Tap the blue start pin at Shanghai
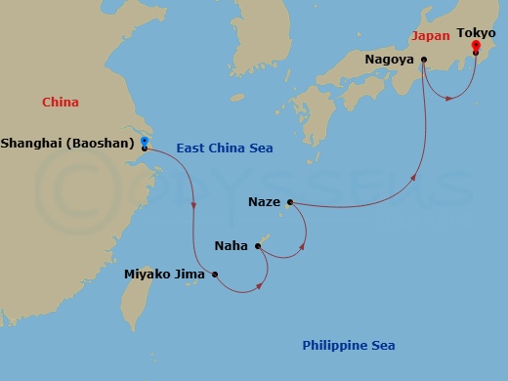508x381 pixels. pyautogui.click(x=144, y=143)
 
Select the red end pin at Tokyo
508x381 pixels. pyautogui.click(x=475, y=46)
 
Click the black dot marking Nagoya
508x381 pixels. pyautogui.click(x=424, y=60)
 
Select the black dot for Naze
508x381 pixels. pyautogui.click(x=290, y=203)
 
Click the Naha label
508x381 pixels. pyautogui.click(x=231, y=245)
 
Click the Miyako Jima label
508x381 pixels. pyautogui.click(x=164, y=275)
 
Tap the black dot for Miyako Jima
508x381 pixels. pyautogui.click(x=215, y=275)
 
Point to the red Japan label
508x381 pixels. pyautogui.click(x=431, y=35)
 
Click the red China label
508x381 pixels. pyautogui.click(x=61, y=102)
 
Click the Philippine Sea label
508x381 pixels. pyautogui.click(x=348, y=346)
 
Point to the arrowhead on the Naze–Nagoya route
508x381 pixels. pyautogui.click(x=414, y=179)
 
